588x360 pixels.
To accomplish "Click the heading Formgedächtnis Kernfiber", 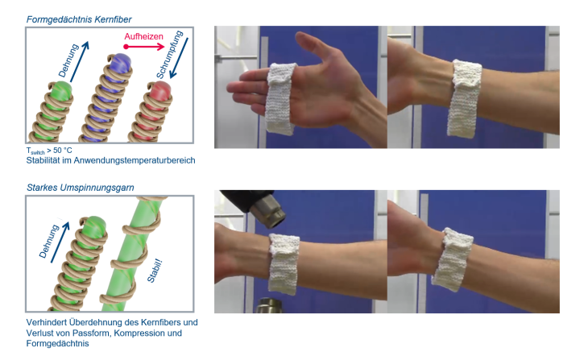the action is pyautogui.click(x=79, y=19).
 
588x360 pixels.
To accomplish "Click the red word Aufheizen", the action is pyautogui.click(x=143, y=36).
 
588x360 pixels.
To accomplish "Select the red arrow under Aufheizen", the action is pyautogui.click(x=144, y=47).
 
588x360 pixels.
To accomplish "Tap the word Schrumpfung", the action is pyautogui.click(x=169, y=55).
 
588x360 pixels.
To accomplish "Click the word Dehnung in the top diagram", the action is pyautogui.click(x=68, y=60).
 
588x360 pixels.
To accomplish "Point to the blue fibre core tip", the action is pyautogui.click(x=122, y=60).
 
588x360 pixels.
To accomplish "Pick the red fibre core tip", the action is pyautogui.click(x=161, y=90).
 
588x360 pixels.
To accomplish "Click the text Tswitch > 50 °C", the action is pyautogui.click(x=49, y=151).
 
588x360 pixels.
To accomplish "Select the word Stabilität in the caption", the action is pyautogui.click(x=41, y=160).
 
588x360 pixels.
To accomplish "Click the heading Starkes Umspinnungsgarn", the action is pyautogui.click(x=81, y=188).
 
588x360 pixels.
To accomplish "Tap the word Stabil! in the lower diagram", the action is pyautogui.click(x=155, y=271).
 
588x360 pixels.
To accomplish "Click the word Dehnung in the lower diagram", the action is pyautogui.click(x=49, y=241).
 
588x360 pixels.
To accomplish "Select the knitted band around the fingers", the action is pyautogui.click(x=280, y=99).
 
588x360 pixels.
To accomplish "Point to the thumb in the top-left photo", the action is pyautogui.click(x=315, y=47).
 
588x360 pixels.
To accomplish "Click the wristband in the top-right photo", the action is pyautogui.click(x=464, y=99).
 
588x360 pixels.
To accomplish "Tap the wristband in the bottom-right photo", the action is pyautogui.click(x=452, y=259).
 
